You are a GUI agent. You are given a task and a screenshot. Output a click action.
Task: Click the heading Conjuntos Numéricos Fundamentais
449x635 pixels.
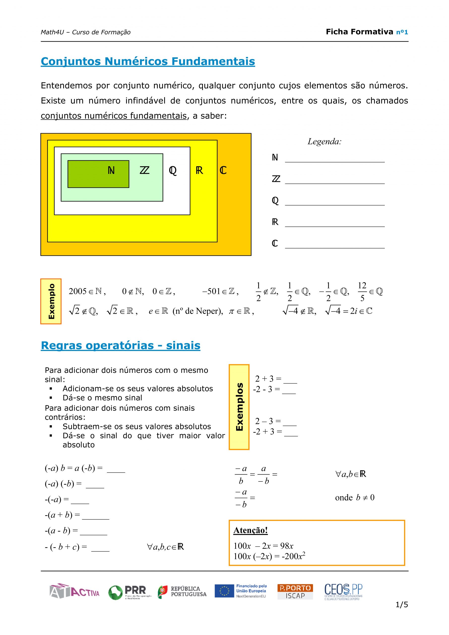[148, 62]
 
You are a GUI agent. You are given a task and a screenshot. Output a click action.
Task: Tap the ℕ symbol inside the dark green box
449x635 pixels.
[111, 170]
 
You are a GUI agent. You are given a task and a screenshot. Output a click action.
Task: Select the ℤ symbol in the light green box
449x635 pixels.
[144, 170]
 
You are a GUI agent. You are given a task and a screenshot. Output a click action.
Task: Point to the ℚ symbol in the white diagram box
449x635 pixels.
[173, 171]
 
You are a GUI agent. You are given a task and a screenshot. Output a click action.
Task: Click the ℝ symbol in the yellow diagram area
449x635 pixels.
[199, 170]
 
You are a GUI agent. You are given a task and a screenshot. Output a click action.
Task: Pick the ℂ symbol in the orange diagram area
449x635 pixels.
[223, 170]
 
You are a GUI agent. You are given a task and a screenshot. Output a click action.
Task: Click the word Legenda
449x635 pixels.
[324, 142]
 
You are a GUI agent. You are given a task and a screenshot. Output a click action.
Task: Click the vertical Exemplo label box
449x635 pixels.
[51, 301]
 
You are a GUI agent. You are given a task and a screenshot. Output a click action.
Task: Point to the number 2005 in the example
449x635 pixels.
[78, 291]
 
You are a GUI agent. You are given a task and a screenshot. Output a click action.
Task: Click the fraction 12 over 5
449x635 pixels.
[362, 291]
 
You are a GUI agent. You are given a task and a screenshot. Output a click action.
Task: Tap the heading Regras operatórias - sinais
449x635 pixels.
[121, 346]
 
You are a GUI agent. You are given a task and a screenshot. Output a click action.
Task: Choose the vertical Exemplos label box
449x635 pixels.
[239, 407]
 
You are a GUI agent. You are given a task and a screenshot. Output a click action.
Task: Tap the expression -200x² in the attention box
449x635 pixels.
[293, 556]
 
